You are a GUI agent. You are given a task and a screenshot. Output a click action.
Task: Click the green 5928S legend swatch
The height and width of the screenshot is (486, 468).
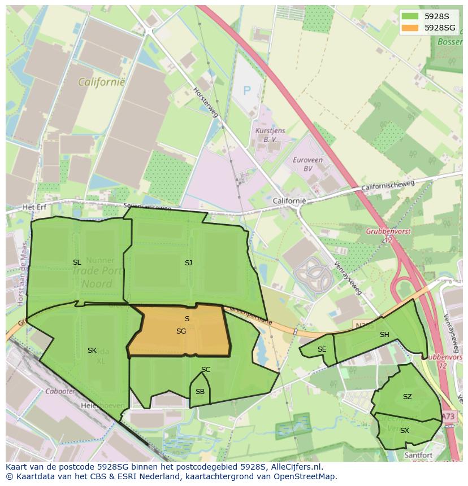(x=410, y=16)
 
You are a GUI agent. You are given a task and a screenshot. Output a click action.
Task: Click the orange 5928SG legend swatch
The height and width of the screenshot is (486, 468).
(x=410, y=27)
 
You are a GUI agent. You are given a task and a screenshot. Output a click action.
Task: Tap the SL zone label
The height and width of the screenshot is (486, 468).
(x=77, y=262)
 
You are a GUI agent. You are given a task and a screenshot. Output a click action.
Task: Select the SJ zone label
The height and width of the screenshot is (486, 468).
(x=188, y=262)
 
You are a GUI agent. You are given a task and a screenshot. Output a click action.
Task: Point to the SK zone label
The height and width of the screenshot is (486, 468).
(x=92, y=351)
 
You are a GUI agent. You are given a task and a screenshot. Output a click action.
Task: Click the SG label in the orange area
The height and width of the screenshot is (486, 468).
(x=181, y=331)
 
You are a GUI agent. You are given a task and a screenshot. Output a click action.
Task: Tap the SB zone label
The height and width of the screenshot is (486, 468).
(x=200, y=392)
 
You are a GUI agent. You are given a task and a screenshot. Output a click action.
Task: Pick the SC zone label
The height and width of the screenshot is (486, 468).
(x=206, y=370)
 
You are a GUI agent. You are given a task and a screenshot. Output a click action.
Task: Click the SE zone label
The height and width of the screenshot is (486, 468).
(x=322, y=349)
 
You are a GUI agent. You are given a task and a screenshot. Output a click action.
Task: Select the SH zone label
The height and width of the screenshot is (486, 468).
(x=384, y=335)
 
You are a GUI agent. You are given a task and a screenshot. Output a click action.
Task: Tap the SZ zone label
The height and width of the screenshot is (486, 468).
(x=407, y=397)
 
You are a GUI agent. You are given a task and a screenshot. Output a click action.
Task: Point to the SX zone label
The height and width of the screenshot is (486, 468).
(x=404, y=431)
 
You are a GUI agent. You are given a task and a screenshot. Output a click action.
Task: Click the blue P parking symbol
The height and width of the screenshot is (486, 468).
(x=246, y=90)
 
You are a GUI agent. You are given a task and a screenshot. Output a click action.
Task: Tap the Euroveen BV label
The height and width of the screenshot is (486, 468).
(x=307, y=164)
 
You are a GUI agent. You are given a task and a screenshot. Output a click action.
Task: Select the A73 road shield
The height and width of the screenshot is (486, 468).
(x=448, y=417)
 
